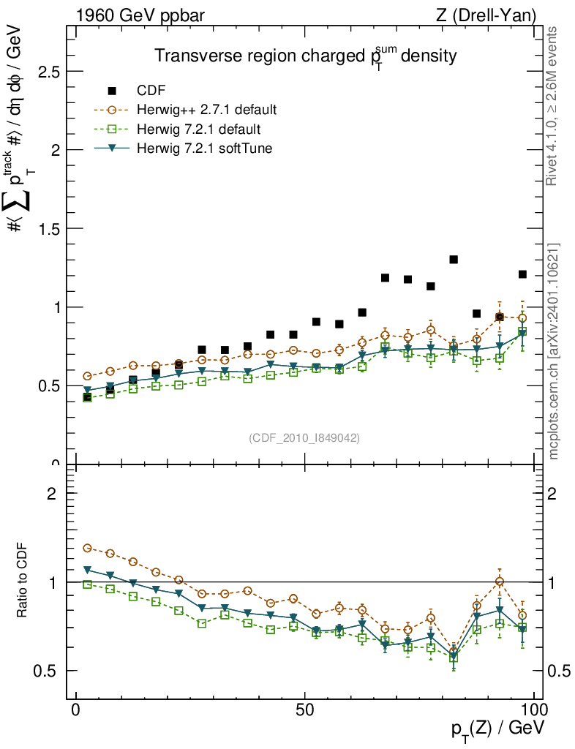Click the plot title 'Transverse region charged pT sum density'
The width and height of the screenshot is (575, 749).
pos(305,57)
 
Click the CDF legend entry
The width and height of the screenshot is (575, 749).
pos(151,91)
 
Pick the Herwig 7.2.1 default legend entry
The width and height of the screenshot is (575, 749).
pos(198,129)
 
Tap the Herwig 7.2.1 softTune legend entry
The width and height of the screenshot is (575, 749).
pos(205,148)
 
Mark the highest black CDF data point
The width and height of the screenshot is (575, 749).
pos(454,260)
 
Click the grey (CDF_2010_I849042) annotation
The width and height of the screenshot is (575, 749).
pos(304,437)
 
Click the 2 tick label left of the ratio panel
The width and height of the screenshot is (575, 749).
pos(52,493)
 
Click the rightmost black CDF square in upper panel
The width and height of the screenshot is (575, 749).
pos(522,274)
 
